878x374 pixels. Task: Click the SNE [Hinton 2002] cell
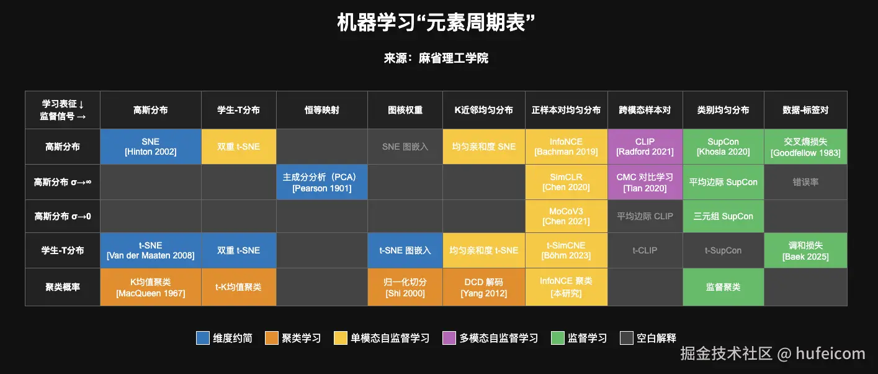coord(151,147)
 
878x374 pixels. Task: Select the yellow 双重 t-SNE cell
coord(239,147)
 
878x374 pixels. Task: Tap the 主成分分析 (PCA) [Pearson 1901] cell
coord(322,182)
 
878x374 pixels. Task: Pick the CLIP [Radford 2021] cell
coord(645,147)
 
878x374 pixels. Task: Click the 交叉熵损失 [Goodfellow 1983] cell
coord(805,147)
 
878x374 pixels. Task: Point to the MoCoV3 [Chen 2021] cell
coord(566,216)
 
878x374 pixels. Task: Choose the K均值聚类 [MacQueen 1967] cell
coord(151,287)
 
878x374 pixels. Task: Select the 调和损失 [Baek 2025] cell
coord(805,250)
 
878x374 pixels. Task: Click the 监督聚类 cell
coord(723,287)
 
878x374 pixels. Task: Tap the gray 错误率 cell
coord(805,182)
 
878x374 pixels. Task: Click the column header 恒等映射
coord(322,110)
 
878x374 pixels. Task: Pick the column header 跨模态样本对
coord(645,110)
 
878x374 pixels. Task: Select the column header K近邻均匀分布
coord(484,110)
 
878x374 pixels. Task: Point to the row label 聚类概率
coord(62,287)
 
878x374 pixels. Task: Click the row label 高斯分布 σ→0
coord(62,216)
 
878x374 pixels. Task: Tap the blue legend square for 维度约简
coord(203,338)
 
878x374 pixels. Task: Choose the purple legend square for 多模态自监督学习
coord(449,338)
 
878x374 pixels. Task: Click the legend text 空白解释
coord(656,338)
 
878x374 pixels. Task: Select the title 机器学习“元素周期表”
coord(436,22)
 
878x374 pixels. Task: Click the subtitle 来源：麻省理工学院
coord(436,58)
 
